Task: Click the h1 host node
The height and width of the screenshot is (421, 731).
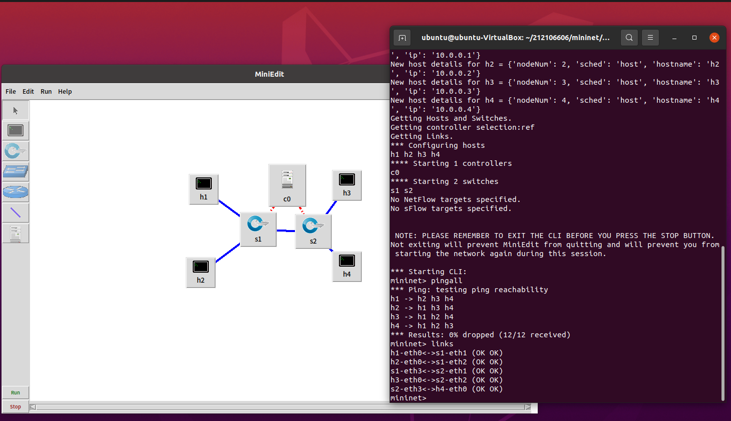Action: point(203,188)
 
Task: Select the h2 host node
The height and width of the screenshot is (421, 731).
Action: point(200,272)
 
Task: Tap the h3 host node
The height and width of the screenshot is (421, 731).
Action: point(346,184)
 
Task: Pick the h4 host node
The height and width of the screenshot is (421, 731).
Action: point(346,266)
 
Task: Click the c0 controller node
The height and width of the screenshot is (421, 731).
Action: point(287,184)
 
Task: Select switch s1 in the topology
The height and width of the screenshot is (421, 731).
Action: point(258,229)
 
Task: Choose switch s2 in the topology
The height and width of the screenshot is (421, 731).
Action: point(313,231)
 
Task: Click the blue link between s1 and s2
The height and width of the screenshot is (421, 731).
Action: point(286,231)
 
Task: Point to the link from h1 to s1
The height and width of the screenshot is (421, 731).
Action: point(229,208)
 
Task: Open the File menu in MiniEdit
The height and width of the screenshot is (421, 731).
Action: point(11,92)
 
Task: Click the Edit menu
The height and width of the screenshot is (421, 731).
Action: point(28,92)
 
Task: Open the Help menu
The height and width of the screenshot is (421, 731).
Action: point(65,92)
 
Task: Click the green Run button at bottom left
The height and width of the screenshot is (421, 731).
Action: point(16,392)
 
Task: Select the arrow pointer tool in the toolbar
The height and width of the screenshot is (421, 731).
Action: point(16,110)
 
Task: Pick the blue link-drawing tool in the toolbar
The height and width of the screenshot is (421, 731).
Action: point(16,213)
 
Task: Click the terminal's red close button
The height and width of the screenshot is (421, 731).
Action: point(714,38)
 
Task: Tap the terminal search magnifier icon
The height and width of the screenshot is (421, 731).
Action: point(629,38)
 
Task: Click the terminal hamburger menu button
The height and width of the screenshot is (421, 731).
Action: point(650,38)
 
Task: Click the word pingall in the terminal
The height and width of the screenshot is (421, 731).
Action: point(447,281)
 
